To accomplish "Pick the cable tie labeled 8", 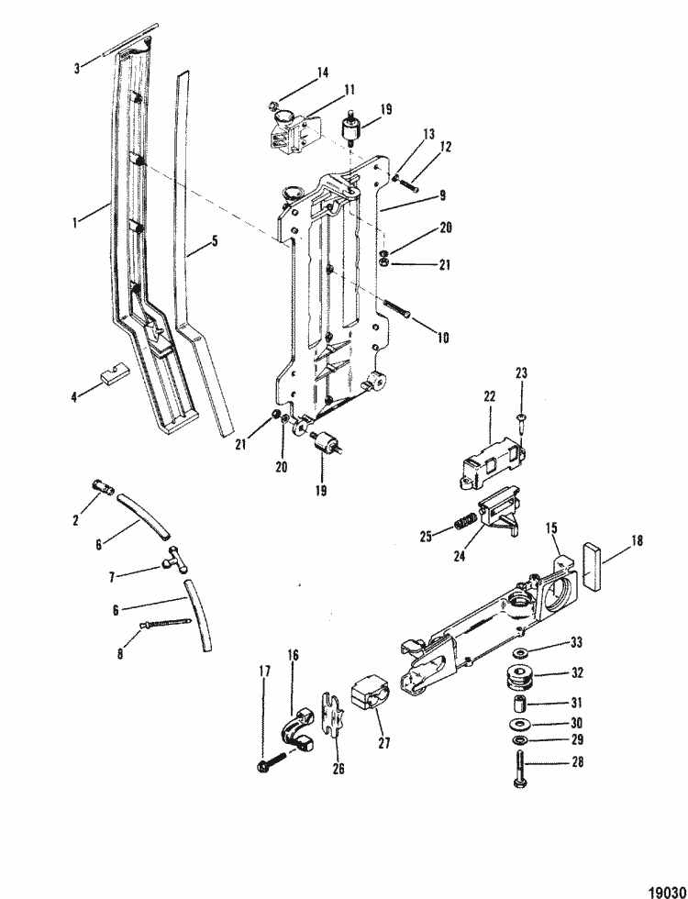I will coord(169,625).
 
